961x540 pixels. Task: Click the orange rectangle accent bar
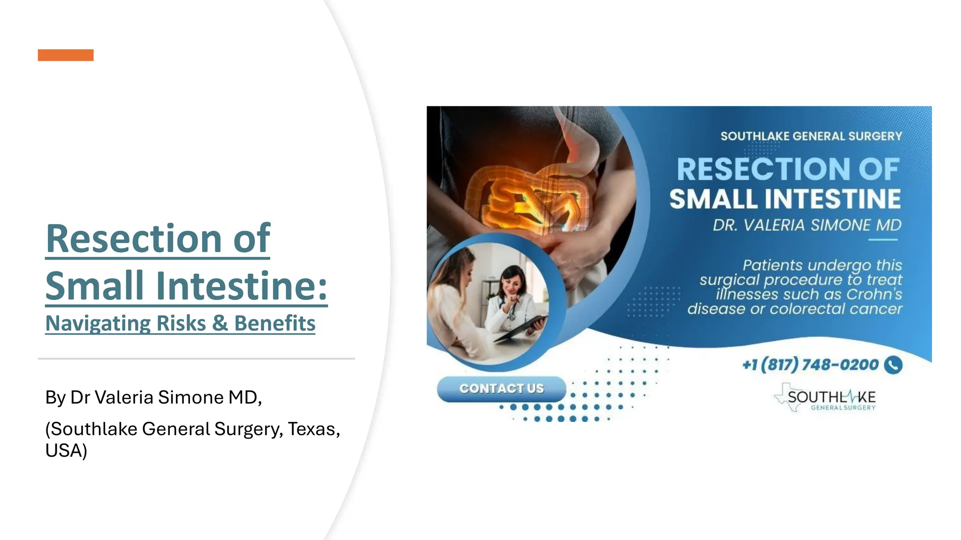[66, 55]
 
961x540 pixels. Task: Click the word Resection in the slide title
[134, 239]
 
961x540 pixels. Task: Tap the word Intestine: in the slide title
[241, 285]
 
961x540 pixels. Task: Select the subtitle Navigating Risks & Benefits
[180, 323]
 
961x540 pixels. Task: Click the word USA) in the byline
[66, 450]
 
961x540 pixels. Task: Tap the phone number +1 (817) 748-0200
[810, 365]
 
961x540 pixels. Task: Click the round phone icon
[893, 365]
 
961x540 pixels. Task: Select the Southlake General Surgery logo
[826, 398]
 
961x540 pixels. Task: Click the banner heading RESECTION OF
[788, 169]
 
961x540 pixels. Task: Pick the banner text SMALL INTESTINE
[785, 199]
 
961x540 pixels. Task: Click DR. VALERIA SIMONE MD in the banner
[807, 225]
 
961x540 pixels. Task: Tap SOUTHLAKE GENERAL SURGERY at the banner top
[811, 136]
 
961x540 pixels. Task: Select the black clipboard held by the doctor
[521, 328]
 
